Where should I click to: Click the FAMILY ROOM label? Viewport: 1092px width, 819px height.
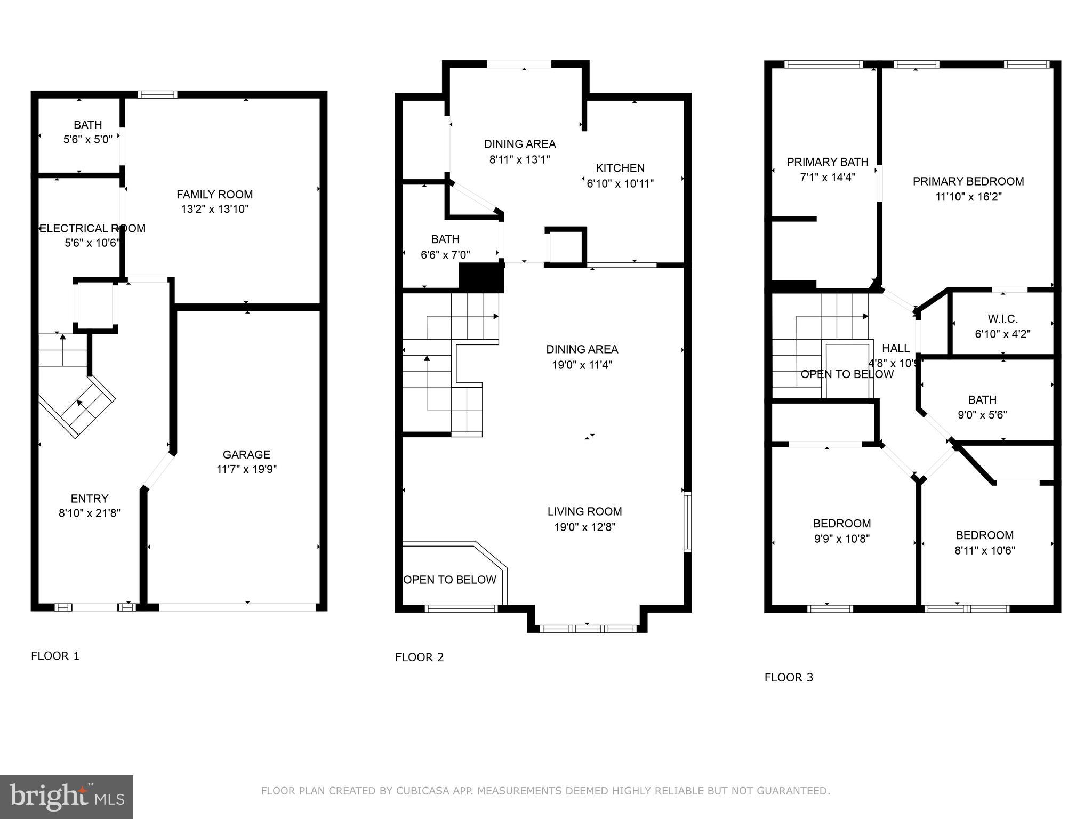[214, 195]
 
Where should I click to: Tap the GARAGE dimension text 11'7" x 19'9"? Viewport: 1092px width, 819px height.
[246, 469]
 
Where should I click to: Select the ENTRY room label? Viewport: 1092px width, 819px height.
[90, 499]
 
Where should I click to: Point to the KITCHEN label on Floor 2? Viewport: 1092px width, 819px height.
[620, 168]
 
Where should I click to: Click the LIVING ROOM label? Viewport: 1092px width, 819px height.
[584, 511]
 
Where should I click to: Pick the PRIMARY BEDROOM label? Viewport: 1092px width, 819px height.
[968, 181]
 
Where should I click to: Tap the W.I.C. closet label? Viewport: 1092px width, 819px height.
[1002, 319]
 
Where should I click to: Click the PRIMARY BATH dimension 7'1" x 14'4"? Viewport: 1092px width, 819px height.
[828, 177]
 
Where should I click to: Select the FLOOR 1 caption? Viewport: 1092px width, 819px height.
[55, 656]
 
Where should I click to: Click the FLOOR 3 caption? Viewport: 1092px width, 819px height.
[789, 677]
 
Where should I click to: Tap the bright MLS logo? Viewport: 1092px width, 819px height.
[67, 797]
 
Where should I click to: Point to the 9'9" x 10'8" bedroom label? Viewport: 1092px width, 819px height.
[841, 539]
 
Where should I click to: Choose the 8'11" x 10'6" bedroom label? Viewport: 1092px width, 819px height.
[984, 550]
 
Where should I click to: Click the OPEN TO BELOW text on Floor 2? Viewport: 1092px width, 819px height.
[449, 580]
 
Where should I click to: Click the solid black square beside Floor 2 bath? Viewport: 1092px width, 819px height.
[481, 278]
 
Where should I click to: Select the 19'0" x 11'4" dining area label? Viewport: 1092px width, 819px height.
[582, 365]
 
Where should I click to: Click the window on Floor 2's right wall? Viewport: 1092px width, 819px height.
[687, 521]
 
